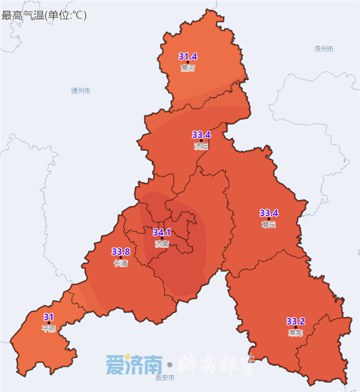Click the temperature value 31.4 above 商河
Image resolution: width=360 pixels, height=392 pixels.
pyautogui.click(x=187, y=56)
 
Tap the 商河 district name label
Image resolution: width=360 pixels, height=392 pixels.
pyautogui.click(x=187, y=68)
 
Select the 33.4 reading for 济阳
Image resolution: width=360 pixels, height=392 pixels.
pyautogui.click(x=201, y=134)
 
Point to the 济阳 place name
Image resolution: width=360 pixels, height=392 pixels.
pyautogui.click(x=201, y=147)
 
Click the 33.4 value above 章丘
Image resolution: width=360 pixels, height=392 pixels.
pyautogui.click(x=269, y=212)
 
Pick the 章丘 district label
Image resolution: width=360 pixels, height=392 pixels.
pyautogui.click(x=269, y=224)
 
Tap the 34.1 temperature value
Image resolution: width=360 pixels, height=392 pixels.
pyautogui.click(x=161, y=232)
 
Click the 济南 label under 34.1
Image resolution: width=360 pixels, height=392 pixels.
pyautogui.click(x=161, y=244)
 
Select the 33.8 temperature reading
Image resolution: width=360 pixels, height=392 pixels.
pyautogui.click(x=120, y=252)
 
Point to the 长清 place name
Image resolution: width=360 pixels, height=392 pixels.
pyautogui.click(x=120, y=263)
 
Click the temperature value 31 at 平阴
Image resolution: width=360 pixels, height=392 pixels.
pyautogui.click(x=48, y=316)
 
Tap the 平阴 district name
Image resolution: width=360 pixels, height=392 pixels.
pyautogui.click(x=48, y=328)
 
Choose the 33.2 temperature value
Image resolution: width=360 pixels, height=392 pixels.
pyautogui.click(x=295, y=321)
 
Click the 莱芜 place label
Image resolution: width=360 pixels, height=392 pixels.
pyautogui.click(x=295, y=333)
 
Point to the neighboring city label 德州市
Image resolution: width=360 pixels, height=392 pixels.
pyautogui.click(x=81, y=91)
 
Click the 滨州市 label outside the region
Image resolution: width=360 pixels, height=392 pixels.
pyautogui.click(x=324, y=48)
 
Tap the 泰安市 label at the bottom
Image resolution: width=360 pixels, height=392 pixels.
pyautogui.click(x=165, y=378)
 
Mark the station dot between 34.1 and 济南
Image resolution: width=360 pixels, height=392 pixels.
pyautogui.click(x=161, y=239)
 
